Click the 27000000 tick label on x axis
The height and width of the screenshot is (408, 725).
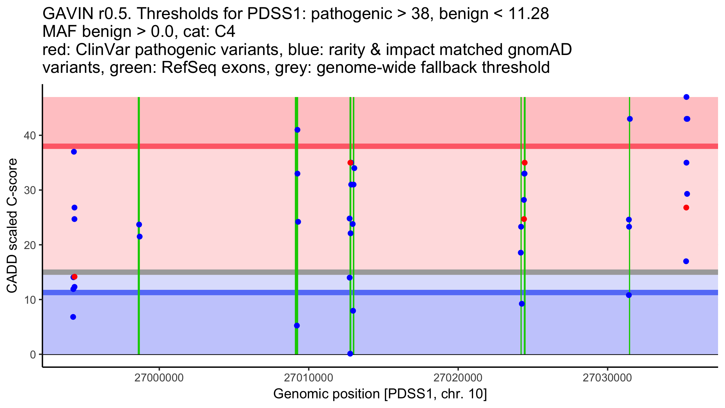(x=159, y=378)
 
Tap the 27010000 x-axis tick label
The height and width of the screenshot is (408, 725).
(x=308, y=378)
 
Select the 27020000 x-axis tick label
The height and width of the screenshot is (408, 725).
(x=458, y=378)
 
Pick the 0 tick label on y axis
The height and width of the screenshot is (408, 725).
(x=33, y=355)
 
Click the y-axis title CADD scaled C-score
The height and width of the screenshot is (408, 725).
(x=12, y=226)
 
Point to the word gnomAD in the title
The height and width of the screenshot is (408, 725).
(x=540, y=50)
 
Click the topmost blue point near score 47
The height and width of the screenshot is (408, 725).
(x=686, y=97)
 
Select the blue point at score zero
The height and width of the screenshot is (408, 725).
(x=350, y=354)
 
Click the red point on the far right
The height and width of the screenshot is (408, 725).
(x=686, y=208)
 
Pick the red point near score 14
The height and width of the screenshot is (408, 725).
(x=75, y=277)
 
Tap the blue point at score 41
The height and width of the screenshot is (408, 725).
(x=297, y=130)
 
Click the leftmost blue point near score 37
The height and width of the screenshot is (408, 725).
(x=74, y=152)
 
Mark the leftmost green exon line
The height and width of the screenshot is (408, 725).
(x=139, y=225)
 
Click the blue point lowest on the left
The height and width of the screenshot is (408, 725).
(x=73, y=317)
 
